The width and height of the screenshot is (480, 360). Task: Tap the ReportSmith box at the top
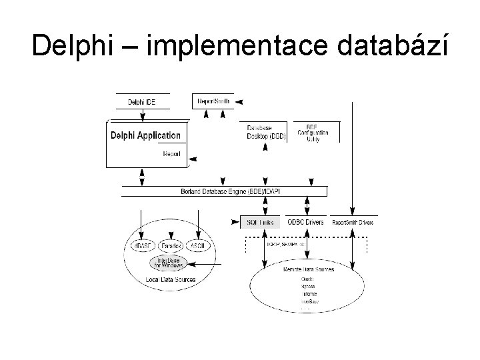click(x=213, y=101)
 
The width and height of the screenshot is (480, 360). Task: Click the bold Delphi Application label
click(x=145, y=135)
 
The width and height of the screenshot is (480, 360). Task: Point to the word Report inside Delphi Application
click(x=171, y=153)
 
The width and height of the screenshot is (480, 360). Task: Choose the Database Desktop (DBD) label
click(x=267, y=131)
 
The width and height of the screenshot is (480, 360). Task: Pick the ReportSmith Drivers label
click(x=353, y=222)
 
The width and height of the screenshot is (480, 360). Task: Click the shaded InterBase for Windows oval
click(x=169, y=263)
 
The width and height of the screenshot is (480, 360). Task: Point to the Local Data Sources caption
click(x=171, y=279)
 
